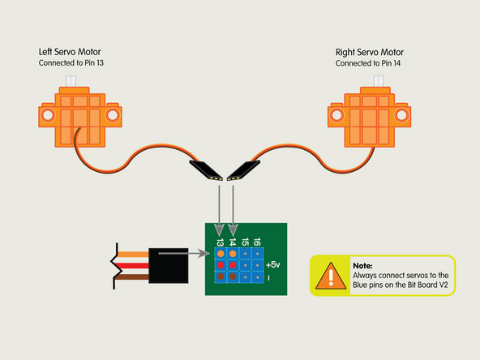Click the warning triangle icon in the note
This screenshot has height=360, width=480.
tap(329, 276)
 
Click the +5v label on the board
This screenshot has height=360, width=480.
tap(272, 265)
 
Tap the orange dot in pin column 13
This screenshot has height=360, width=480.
tap(220, 253)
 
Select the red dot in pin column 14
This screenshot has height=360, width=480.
tap(232, 265)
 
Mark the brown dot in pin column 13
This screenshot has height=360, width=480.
tap(220, 277)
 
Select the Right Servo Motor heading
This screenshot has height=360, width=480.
tap(369, 52)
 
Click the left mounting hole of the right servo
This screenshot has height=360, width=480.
tap(339, 116)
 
